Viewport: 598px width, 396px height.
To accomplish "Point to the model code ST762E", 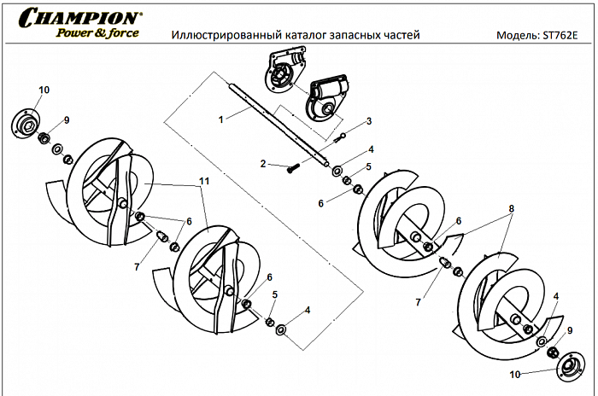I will coord(562,37).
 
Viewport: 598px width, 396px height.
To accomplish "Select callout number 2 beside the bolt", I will coord(265,162).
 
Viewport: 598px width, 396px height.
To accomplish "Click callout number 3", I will coord(368,121).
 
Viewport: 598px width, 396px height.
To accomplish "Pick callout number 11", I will coord(204,182).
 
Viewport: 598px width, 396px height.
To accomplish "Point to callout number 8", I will coord(511,207).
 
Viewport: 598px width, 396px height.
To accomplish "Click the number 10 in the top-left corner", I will coord(44,90).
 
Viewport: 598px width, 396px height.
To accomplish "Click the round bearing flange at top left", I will coord(29,122).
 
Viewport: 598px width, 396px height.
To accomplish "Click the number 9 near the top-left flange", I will coord(66,119).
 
